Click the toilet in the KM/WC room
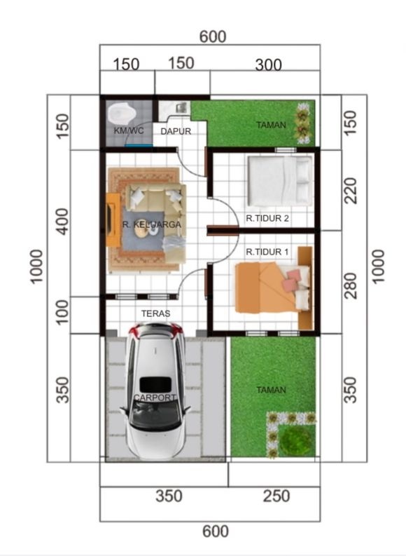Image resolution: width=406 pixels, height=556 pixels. click(x=122, y=113)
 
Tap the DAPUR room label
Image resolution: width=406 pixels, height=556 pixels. click(x=176, y=131)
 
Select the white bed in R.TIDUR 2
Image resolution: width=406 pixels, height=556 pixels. click(x=279, y=181)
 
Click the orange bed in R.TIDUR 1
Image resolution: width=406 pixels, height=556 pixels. click(x=272, y=287)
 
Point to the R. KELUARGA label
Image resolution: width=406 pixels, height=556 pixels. click(x=152, y=224)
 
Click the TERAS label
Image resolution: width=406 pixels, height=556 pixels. click(x=155, y=313)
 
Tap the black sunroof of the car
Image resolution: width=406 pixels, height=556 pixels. click(x=155, y=385)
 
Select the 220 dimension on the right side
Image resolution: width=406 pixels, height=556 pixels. click(x=351, y=191)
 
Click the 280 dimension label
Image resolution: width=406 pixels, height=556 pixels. click(x=351, y=286)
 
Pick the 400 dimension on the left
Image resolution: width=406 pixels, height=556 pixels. click(x=63, y=222)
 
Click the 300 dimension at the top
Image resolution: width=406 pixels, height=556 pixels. click(x=268, y=65)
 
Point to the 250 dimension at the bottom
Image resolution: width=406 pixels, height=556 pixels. click(x=276, y=496)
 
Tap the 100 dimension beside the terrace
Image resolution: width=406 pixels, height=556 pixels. click(x=63, y=312)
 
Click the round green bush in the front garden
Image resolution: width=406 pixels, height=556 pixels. click(x=296, y=441)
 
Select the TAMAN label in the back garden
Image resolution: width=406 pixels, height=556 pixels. click(x=271, y=126)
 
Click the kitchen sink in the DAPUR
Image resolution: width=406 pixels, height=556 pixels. click(x=181, y=107)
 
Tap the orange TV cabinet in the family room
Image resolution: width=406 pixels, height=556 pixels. click(x=113, y=220)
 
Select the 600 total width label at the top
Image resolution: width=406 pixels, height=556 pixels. click(x=213, y=37)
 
